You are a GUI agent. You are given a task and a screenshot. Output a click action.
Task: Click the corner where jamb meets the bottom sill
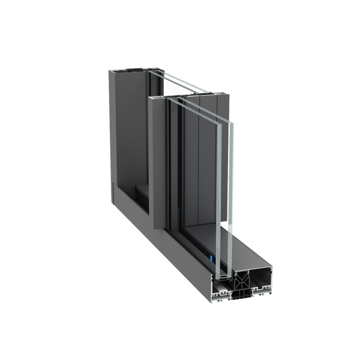point(120,201)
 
